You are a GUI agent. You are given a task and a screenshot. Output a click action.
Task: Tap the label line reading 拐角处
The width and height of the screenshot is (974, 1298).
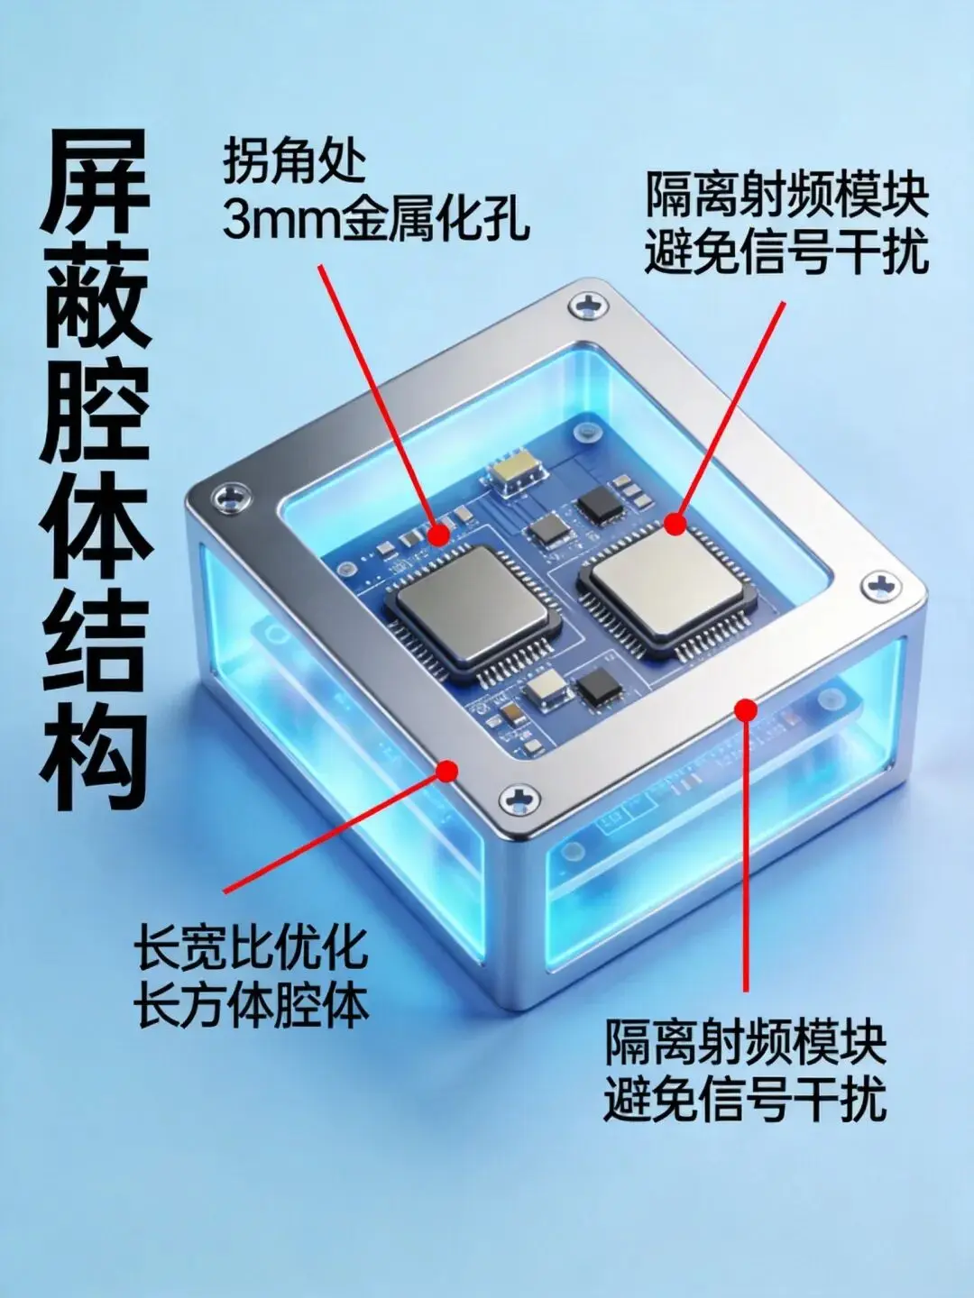pyautogui.click(x=295, y=160)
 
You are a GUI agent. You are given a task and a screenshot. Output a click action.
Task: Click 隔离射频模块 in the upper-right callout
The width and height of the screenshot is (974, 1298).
pyautogui.click(x=786, y=195)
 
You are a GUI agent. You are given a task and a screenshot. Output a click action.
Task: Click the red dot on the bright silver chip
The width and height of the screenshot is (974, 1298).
pyautogui.click(x=675, y=524)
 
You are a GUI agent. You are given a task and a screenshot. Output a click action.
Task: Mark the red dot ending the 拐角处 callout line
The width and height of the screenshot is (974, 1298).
pyautogui.click(x=438, y=535)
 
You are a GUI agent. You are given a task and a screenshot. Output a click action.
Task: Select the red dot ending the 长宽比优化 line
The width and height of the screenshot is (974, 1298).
pyautogui.click(x=447, y=771)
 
